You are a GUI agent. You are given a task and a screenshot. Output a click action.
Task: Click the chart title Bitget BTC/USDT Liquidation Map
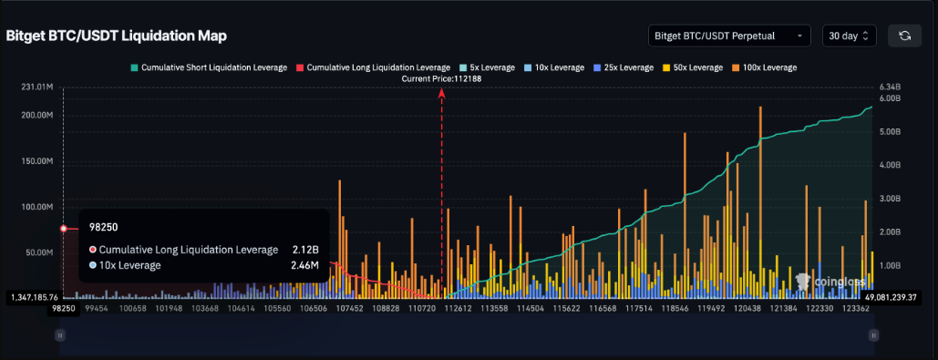click(x=117, y=36)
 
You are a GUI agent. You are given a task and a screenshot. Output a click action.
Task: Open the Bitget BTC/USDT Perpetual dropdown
click(x=728, y=36)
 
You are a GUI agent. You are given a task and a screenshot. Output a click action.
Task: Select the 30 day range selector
click(x=849, y=36)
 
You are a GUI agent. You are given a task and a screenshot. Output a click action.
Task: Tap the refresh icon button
click(x=904, y=36)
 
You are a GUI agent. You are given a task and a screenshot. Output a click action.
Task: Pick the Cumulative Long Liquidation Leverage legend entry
click(x=373, y=67)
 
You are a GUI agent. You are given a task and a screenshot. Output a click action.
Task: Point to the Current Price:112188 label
click(x=442, y=79)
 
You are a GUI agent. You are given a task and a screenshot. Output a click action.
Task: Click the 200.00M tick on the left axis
click(x=38, y=116)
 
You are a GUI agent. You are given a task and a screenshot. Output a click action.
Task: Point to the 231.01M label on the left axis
click(x=38, y=87)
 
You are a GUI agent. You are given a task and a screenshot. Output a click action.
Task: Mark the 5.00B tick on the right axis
click(x=890, y=131)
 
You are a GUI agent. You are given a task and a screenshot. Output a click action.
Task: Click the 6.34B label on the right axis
click(x=890, y=87)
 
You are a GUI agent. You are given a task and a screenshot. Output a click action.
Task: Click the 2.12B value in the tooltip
click(x=305, y=250)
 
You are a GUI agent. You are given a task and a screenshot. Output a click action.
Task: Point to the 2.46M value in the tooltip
click(x=304, y=265)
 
